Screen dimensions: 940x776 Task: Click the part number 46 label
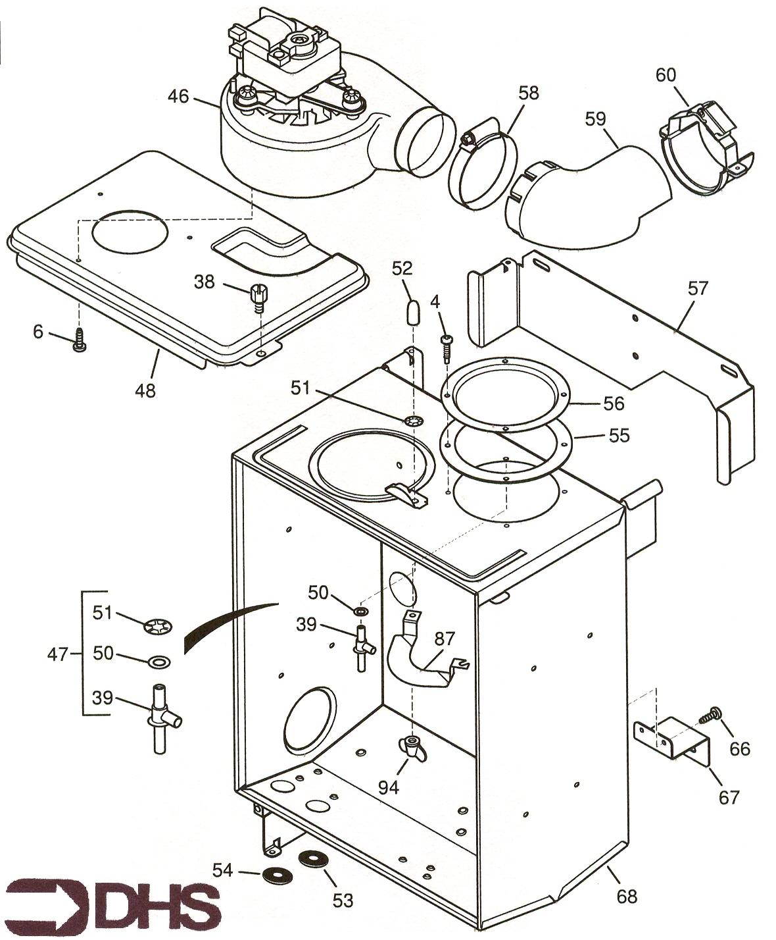pos(178,96)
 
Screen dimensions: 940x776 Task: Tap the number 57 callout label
pos(698,288)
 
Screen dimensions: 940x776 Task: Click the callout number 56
pos(613,403)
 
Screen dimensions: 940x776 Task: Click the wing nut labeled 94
pos(411,748)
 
